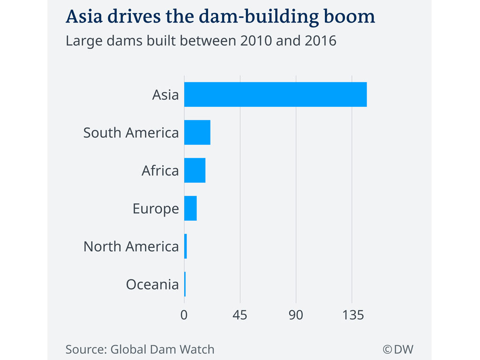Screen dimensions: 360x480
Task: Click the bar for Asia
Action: pos(275,95)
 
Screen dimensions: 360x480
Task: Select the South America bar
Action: pos(197,133)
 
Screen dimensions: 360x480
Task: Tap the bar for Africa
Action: pos(195,170)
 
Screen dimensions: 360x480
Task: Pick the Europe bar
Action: pos(190,208)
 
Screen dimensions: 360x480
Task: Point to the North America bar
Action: pos(186,246)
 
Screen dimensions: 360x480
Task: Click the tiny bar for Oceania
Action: pos(185,284)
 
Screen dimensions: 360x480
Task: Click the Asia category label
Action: pos(165,95)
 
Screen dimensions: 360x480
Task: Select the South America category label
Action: pos(131,133)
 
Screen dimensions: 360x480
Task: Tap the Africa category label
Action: pos(160,171)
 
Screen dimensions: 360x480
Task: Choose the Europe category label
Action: pos(156,209)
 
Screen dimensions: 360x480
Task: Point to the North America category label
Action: pos(131,247)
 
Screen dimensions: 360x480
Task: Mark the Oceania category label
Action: pos(152,285)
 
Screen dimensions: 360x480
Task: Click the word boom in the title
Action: pos(352,17)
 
